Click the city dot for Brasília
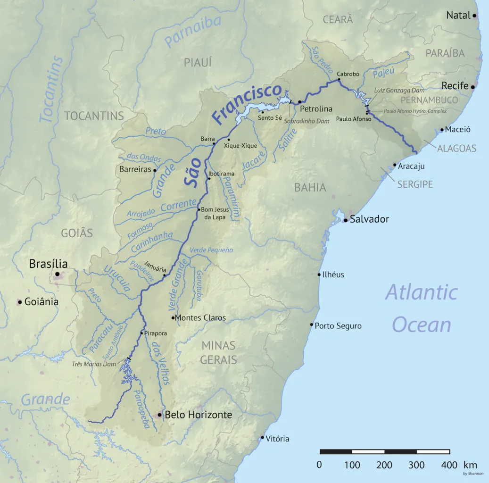click(58, 274)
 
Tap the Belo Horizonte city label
click(198, 415)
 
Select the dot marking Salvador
click(346, 220)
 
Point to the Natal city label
click(458, 16)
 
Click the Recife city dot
click(473, 87)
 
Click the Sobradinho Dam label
click(307, 121)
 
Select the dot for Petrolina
click(299, 101)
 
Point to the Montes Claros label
click(201, 318)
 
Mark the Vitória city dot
click(263, 438)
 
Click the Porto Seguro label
click(338, 326)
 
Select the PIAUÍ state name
click(198, 62)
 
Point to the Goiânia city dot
click(20, 302)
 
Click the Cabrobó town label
click(348, 74)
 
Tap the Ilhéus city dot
click(319, 275)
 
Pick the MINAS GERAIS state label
click(218, 352)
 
